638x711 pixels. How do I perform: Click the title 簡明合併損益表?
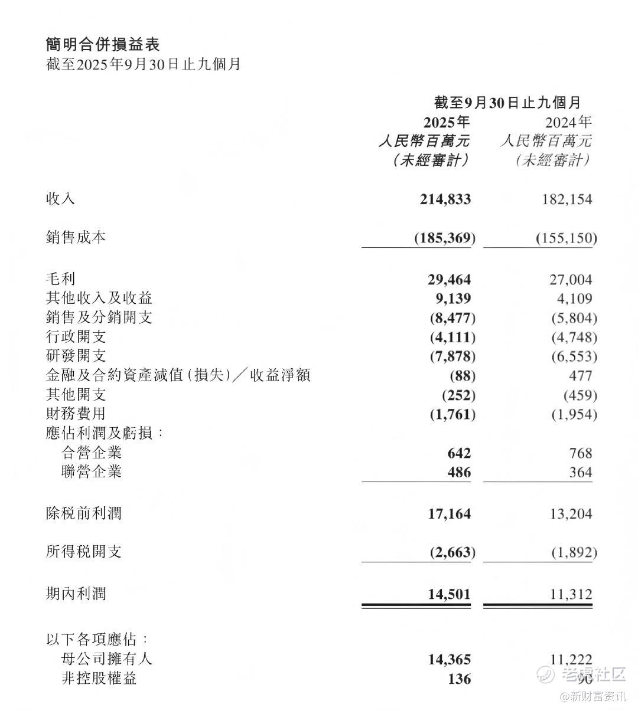103,44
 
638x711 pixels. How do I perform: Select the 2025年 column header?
447,122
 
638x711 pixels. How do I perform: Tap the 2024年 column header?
568,122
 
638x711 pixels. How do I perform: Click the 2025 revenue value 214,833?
445,199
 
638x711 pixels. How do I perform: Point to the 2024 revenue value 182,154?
567,199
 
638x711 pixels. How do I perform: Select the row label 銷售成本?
76,237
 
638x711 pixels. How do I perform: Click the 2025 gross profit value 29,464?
450,280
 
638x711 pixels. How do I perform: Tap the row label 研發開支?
76,356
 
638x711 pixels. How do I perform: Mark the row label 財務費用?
76,414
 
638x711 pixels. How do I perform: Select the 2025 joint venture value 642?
459,453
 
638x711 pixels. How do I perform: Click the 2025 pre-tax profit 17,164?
450,514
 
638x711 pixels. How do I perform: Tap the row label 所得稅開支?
83,552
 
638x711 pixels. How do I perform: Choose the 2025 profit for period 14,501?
450,594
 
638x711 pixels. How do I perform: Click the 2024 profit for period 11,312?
571,594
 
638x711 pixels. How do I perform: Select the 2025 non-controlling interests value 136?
459,679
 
